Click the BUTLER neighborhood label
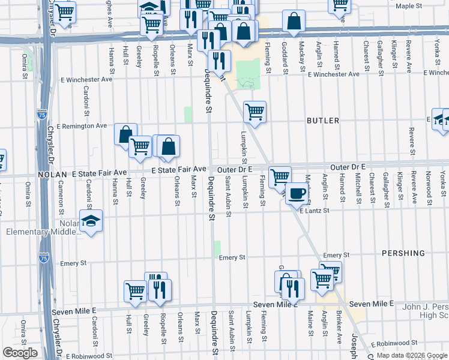tap(323, 121)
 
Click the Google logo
tap(20, 353)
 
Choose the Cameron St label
tap(61, 194)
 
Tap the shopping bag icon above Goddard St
tap(294, 22)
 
